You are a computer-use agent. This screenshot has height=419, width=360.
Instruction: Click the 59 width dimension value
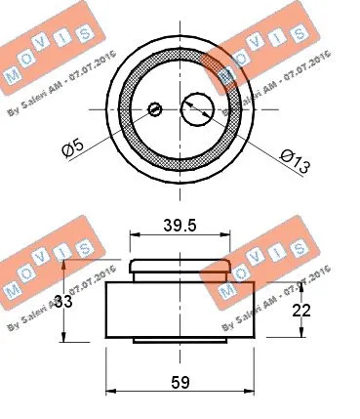pyautogui.click(x=179, y=382)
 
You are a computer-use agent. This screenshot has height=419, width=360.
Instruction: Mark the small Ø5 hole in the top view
pyautogui.click(x=155, y=109)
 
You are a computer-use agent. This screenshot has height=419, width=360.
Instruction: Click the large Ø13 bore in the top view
pyautogui.click(x=198, y=108)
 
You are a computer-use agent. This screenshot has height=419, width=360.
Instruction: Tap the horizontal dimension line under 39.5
pyautogui.click(x=180, y=235)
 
